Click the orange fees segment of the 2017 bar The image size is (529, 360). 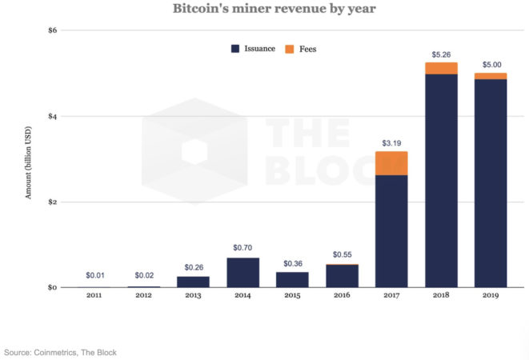[391, 163]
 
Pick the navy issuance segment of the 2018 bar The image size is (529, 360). [441, 180]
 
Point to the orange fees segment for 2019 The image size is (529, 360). [491, 76]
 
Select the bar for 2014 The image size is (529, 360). [243, 272]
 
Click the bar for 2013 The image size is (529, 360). [194, 282]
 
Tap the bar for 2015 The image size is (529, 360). [293, 279]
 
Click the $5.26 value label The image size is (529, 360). [441, 54]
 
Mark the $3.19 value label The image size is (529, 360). [391, 143]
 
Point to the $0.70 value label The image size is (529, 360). [243, 250]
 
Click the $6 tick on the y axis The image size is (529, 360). [52, 30]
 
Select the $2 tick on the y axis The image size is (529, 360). [52, 202]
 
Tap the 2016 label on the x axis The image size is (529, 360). [343, 296]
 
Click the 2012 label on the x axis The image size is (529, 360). [144, 296]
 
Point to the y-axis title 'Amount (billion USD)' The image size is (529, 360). [29, 161]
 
